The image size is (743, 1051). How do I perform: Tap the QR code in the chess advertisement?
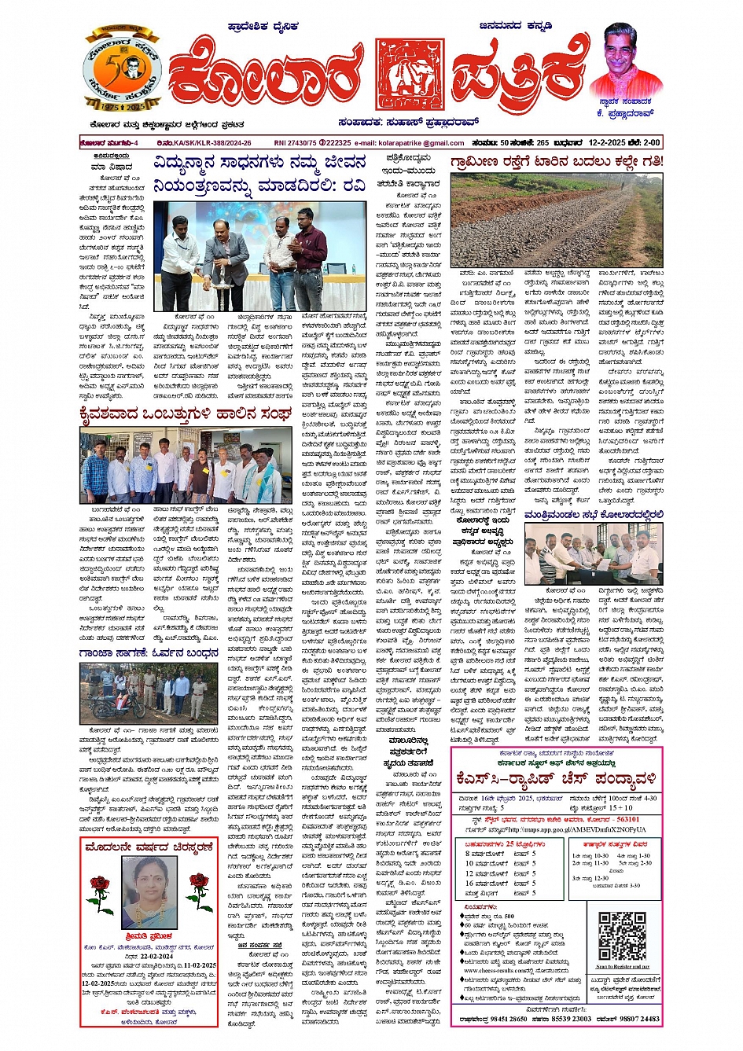click(622, 936)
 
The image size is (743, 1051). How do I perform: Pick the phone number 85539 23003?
click(571, 1020)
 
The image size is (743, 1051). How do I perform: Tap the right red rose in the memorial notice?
click(198, 891)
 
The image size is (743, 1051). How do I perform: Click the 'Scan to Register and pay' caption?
click(622, 966)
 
